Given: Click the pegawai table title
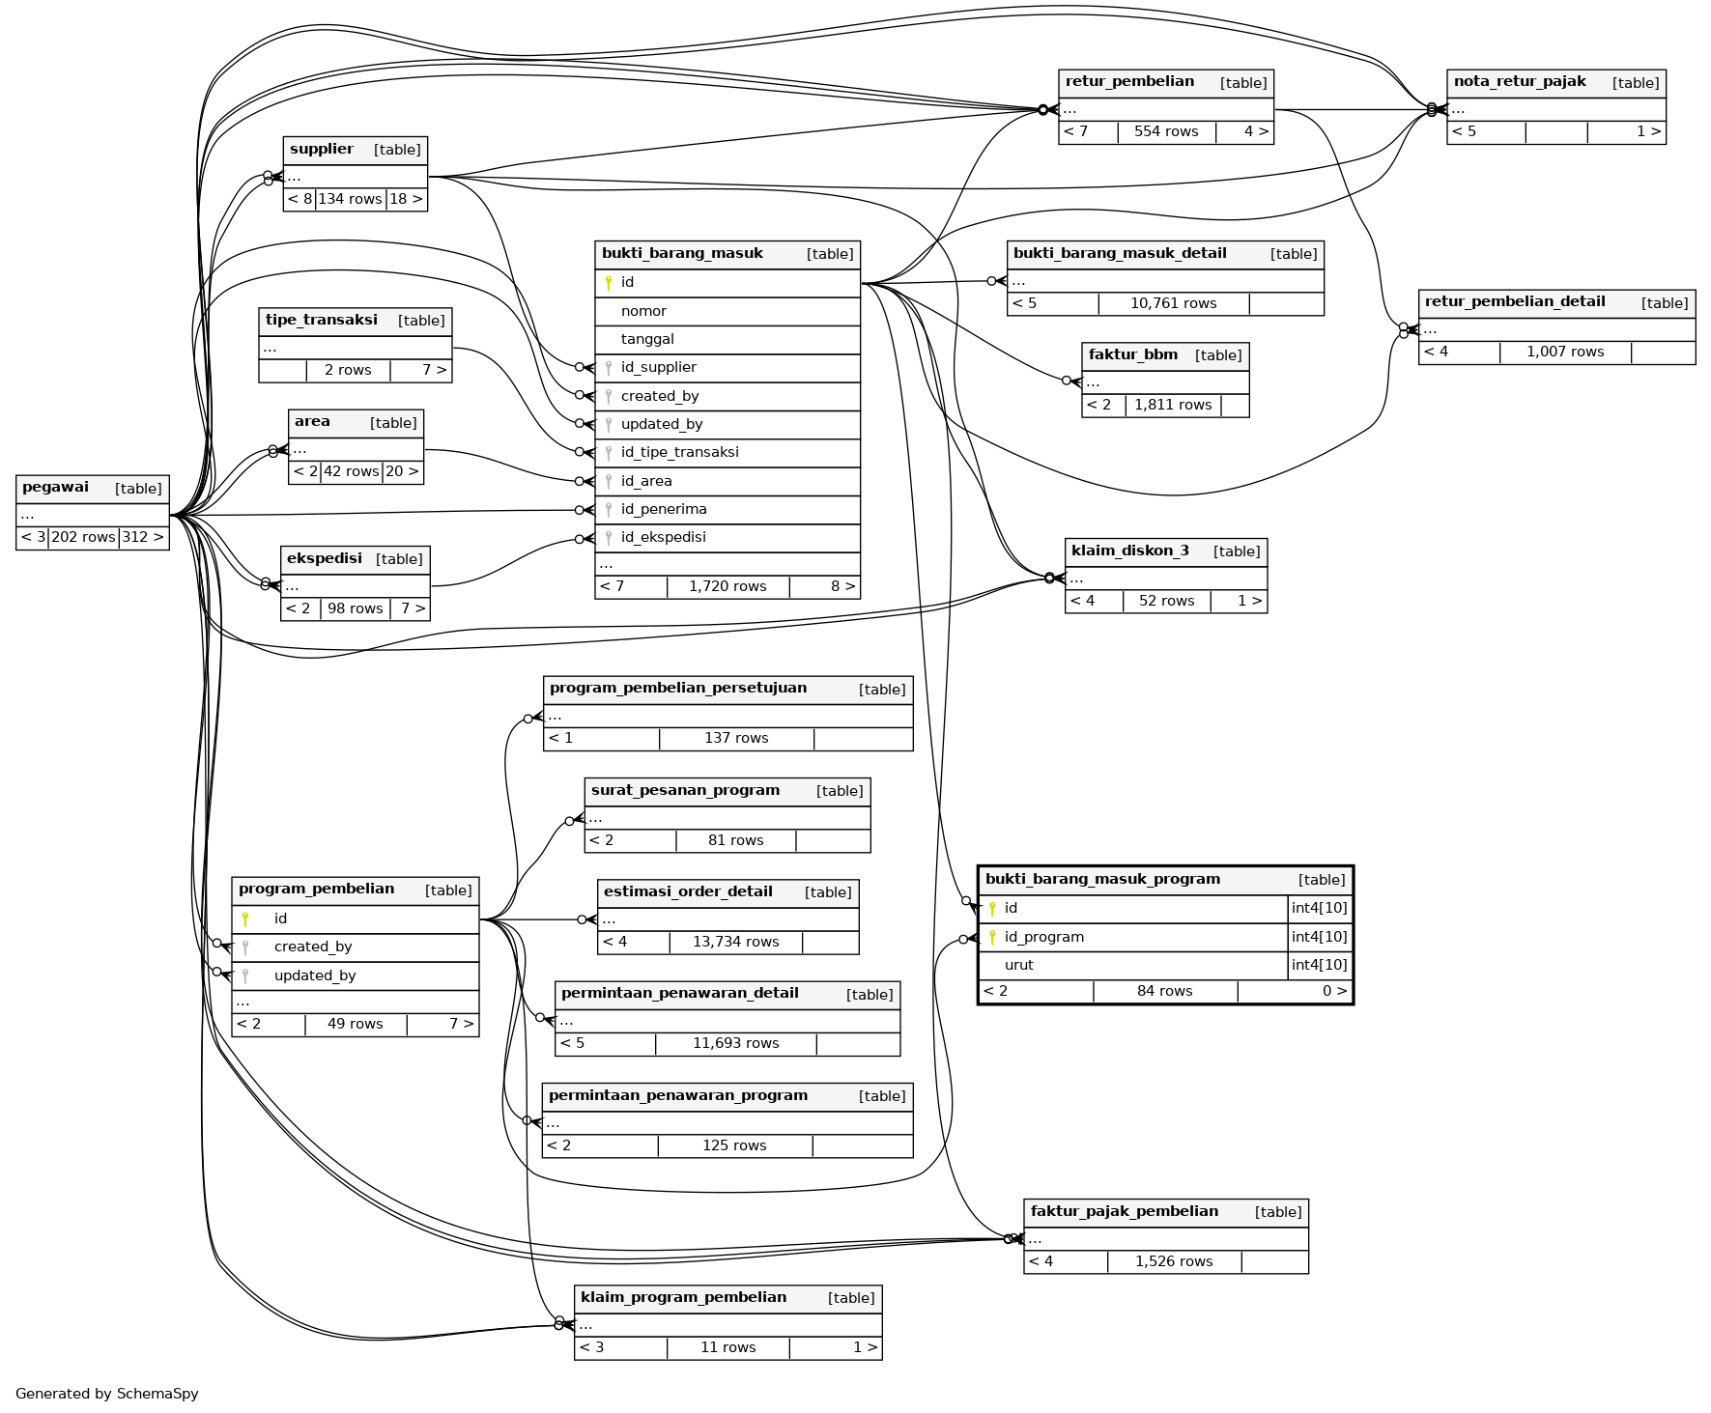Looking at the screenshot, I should pyautogui.click(x=56, y=488).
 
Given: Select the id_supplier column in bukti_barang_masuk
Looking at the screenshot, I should pyautogui.click(x=658, y=367).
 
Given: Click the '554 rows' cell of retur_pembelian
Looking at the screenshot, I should pyautogui.click(x=1165, y=131).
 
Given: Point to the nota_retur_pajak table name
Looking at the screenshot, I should pyautogui.click(x=1519, y=82).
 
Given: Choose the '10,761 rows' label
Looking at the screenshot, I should pyautogui.click(x=1173, y=303).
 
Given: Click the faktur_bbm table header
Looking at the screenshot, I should pyautogui.click(x=1132, y=355).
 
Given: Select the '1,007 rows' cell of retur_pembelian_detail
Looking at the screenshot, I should pyautogui.click(x=1564, y=352).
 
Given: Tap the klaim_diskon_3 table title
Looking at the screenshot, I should pyautogui.click(x=1129, y=551).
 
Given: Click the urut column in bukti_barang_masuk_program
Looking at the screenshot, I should pyautogui.click(x=1018, y=965).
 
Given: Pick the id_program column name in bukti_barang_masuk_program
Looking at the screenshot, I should pyautogui.click(x=1043, y=937).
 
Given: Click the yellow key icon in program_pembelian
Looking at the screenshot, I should pyautogui.click(x=245, y=918).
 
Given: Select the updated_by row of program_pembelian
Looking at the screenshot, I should pyautogui.click(x=315, y=975).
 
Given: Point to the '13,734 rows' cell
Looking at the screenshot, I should pyautogui.click(x=735, y=942).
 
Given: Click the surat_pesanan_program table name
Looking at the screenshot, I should pyautogui.click(x=685, y=790).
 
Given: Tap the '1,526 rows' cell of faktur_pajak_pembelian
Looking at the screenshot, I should pyautogui.click(x=1173, y=1261).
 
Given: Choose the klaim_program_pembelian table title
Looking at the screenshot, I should pyautogui.click(x=683, y=1297).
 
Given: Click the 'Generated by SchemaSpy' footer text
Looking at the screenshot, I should pyautogui.click(x=107, y=1394).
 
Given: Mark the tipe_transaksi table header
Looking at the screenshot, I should pyautogui.click(x=321, y=321).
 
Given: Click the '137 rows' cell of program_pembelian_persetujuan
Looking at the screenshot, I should pyautogui.click(x=736, y=738).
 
